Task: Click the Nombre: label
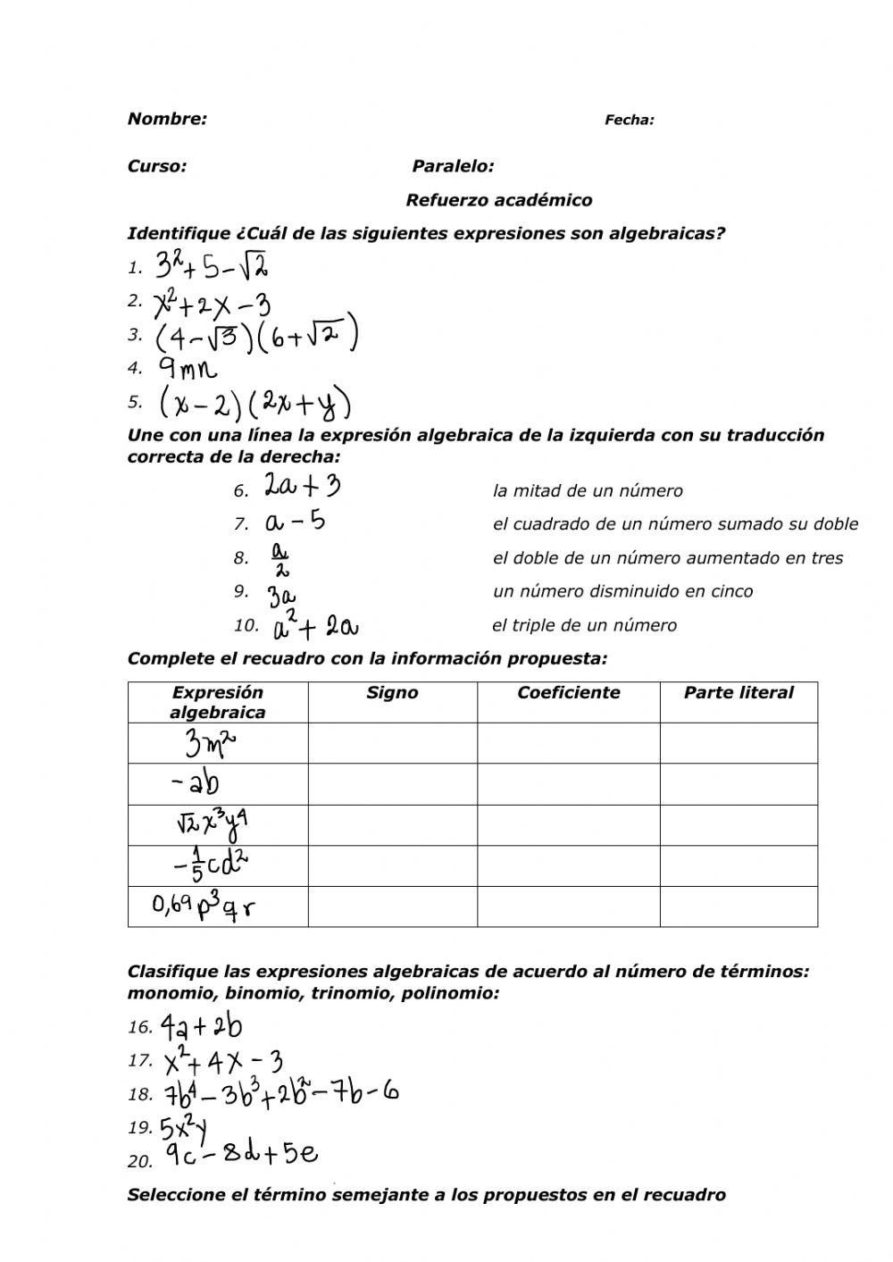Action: point(167,119)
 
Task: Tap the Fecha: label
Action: point(630,120)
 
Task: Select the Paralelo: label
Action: point(453,166)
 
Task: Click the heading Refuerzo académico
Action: point(498,200)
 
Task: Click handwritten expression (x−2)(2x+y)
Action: point(255,404)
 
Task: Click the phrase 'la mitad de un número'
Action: point(588,490)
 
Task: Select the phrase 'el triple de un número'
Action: point(584,625)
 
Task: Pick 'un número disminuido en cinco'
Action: point(622,591)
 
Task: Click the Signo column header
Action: point(392,692)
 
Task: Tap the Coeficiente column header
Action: point(568,692)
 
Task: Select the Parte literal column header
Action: point(738,692)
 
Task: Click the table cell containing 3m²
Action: point(218,743)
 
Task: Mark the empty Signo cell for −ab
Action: point(392,784)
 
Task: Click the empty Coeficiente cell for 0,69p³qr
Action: point(568,907)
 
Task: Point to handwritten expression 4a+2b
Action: point(202,1028)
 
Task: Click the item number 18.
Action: point(140,1094)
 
